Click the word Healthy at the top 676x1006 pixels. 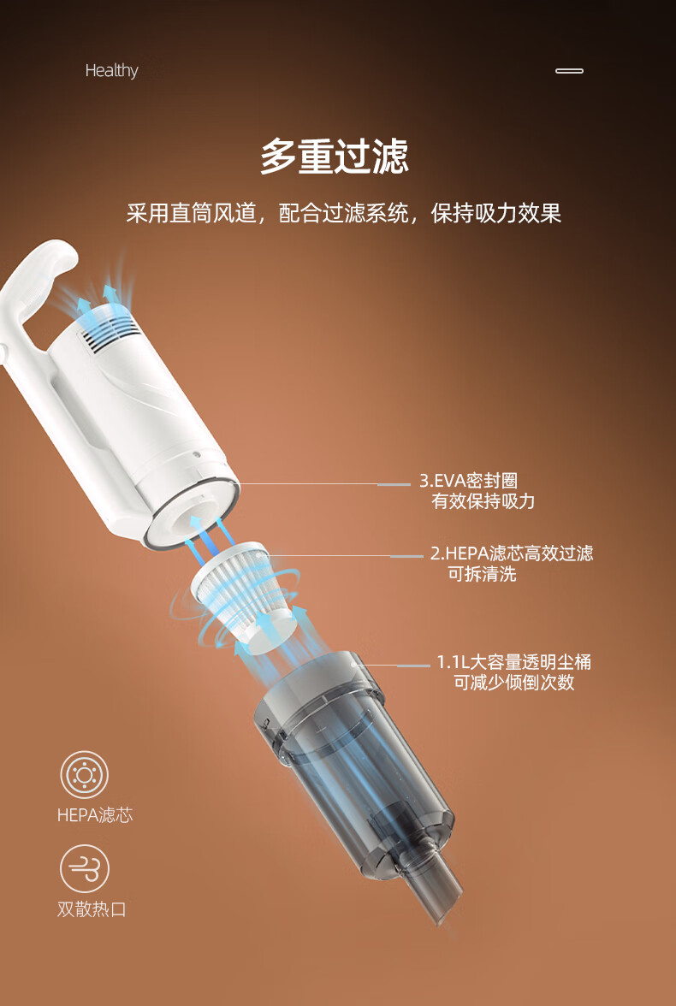[112, 70]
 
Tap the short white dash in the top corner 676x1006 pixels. [569, 70]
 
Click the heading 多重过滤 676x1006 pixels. [335, 157]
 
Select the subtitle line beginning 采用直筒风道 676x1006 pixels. [343, 213]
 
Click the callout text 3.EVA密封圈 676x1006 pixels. [469, 481]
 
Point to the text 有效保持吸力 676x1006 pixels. [483, 501]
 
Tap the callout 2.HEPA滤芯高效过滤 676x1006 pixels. [512, 553]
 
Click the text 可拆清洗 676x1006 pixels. [482, 573]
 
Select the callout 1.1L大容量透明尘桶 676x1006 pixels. [514, 661]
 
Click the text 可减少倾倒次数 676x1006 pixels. [514, 682]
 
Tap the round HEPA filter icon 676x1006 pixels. [85, 775]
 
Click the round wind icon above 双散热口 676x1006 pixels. [85, 869]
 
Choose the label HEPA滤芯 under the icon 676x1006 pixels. [95, 815]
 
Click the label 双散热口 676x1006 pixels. [92, 909]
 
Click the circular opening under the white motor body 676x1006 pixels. [193, 513]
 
